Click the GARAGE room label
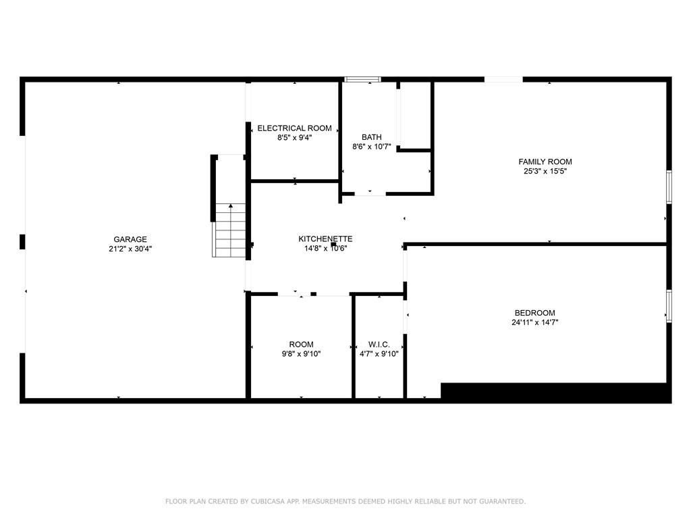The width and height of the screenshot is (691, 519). (130, 239)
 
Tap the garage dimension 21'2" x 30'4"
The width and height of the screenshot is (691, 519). (130, 249)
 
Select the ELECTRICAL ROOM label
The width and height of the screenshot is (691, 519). (294, 128)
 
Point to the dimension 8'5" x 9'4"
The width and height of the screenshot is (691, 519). (294, 138)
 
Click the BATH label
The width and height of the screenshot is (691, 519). (371, 137)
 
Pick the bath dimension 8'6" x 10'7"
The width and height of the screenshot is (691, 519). (371, 147)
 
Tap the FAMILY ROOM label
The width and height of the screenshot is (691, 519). (545, 162)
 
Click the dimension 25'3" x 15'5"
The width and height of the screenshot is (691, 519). (545, 171)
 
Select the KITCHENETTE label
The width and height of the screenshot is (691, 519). (325, 239)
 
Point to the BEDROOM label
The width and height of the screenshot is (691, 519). (534, 313)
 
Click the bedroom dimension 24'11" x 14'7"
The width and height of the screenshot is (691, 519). (534, 322)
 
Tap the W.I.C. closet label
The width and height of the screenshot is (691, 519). (379, 345)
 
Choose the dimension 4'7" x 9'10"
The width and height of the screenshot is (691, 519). (379, 353)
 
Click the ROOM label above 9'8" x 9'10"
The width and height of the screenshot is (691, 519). (301, 345)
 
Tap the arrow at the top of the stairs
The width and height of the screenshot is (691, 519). (231, 206)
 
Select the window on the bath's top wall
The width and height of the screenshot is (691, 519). (362, 80)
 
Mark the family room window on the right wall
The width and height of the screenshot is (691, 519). (669, 187)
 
